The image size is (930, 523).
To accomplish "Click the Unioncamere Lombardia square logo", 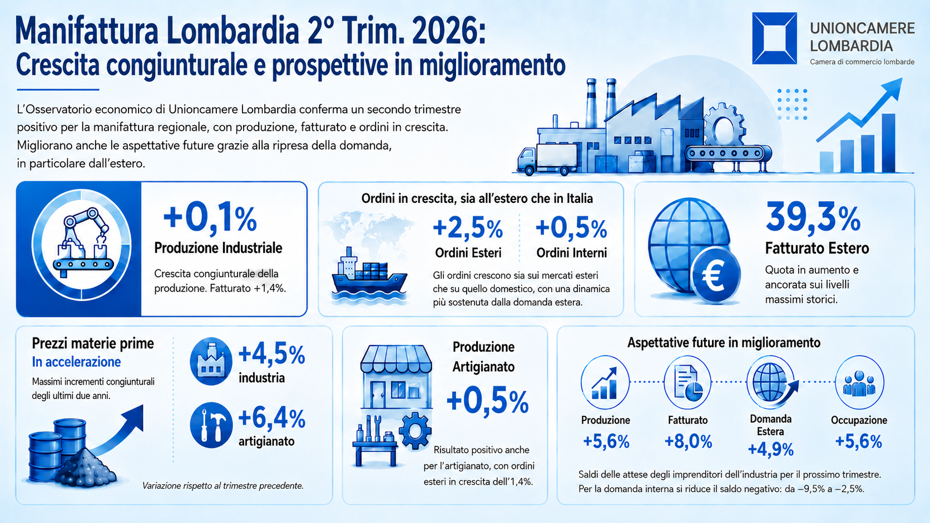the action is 774,38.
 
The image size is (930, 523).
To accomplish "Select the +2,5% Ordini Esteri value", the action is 467,228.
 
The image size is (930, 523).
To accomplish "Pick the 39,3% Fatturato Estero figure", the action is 813,217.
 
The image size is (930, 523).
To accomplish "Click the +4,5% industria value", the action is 271,355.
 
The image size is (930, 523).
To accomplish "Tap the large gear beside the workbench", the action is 415,431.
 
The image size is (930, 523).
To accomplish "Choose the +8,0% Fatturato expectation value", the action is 689,441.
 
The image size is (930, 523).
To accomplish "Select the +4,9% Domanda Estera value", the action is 770,449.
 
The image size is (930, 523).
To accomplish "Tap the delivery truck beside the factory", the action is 547,160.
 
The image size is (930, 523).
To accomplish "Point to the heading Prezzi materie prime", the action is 93,343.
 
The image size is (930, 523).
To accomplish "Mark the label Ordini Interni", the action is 571,252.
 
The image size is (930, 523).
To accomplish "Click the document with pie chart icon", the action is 687,382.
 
